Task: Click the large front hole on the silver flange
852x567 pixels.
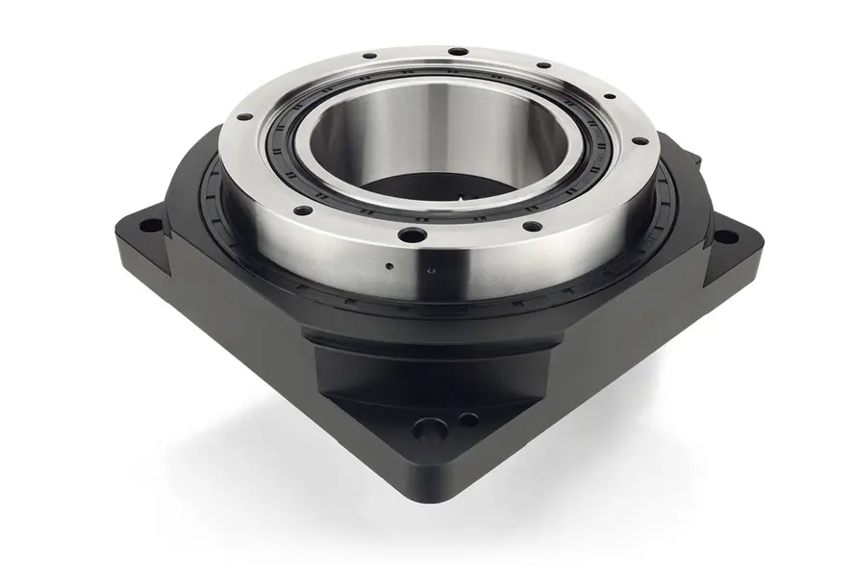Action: pos(413,234)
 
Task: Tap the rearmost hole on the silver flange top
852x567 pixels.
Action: pos(459,51)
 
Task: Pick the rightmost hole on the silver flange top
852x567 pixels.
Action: pos(636,141)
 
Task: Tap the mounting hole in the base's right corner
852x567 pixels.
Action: pos(726,236)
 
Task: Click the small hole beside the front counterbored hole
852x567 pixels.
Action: pos(467,419)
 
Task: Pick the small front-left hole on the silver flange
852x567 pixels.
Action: pos(302,210)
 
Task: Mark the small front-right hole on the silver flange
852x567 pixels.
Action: pos(530,228)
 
